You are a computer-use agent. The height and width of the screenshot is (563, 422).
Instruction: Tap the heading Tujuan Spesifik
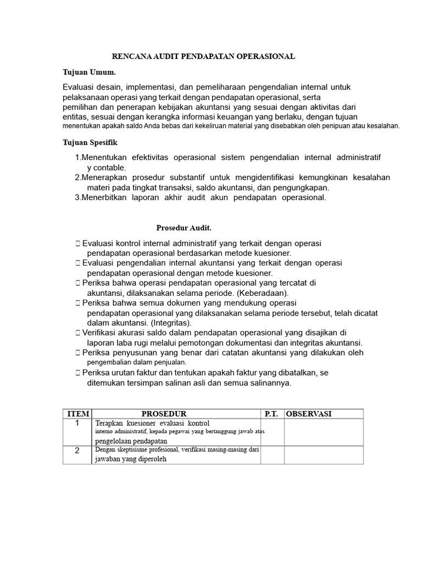(x=90, y=142)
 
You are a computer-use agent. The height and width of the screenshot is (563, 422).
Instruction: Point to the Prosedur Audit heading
(x=184, y=227)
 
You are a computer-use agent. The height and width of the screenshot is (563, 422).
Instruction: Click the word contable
(x=109, y=167)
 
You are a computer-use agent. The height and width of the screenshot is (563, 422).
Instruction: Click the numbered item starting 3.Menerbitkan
(x=201, y=197)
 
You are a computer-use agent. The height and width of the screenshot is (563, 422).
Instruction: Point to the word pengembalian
(x=110, y=362)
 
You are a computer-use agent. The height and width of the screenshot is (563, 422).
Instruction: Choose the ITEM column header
(x=77, y=413)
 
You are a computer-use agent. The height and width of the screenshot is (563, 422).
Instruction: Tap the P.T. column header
(x=271, y=413)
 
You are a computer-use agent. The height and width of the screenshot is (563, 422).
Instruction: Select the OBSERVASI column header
(x=309, y=413)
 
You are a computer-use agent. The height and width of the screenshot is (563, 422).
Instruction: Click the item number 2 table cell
(x=77, y=451)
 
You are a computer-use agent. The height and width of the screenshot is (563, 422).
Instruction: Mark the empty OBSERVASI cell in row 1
(x=323, y=432)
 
